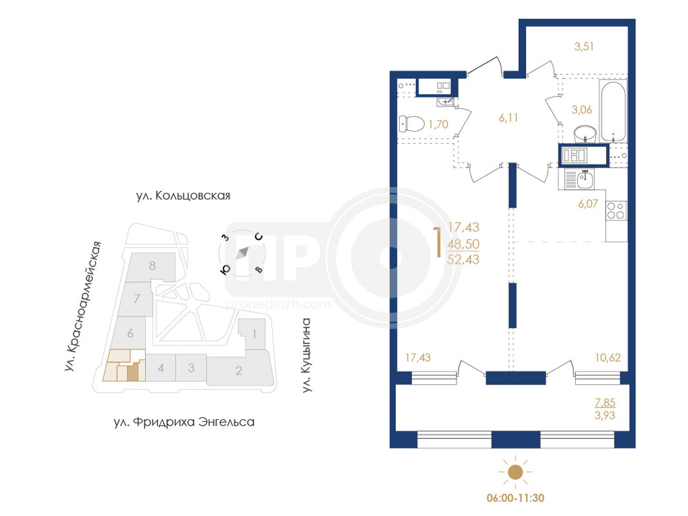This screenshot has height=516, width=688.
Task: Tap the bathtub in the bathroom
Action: [613, 112]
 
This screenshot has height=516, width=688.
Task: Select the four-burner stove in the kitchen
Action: [616, 211]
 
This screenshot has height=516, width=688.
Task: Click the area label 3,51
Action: [584, 46]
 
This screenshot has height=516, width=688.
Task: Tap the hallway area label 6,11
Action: [509, 117]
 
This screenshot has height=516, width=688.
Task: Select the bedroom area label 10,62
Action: [607, 357]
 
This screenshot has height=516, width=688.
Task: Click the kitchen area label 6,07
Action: [588, 204]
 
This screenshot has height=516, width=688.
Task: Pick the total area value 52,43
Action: [464, 259]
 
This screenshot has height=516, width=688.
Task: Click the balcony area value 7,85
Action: [605, 402]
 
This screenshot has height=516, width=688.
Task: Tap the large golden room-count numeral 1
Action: [437, 243]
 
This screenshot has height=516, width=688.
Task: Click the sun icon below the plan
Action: [515, 472]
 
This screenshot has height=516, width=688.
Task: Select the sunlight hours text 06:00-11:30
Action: [516, 498]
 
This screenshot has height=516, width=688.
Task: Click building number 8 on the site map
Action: [152, 266]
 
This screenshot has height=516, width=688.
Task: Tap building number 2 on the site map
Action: [239, 371]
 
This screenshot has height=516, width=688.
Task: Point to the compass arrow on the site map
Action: [242, 253]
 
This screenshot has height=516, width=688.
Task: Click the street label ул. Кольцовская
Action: [183, 195]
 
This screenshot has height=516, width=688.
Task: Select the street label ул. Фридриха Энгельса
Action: [184, 422]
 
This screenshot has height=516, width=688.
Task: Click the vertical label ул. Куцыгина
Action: [307, 355]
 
